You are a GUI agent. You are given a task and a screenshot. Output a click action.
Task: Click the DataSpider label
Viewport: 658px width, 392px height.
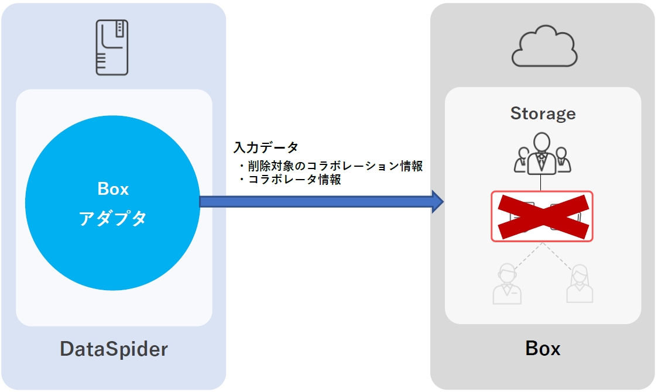point(114,349)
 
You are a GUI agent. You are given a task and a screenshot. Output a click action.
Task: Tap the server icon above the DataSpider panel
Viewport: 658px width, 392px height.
point(112,47)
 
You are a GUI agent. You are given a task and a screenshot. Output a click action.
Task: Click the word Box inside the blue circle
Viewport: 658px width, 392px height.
point(113,189)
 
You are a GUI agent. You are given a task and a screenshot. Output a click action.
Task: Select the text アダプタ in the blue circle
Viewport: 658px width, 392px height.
point(113,219)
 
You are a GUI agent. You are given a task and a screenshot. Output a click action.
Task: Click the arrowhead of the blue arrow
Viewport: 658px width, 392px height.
point(437,201)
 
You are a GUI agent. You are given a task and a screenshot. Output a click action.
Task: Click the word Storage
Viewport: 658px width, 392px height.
point(543,113)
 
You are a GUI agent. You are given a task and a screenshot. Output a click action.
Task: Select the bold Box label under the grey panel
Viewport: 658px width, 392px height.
point(543,349)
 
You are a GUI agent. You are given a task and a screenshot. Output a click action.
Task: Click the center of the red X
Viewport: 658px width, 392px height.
point(542,216)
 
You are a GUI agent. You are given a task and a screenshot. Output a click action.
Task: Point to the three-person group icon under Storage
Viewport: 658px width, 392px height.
point(541,153)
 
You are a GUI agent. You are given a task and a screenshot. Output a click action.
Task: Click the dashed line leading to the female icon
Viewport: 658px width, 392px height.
point(560,256)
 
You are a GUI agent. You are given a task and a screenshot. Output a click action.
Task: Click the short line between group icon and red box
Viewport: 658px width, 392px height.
point(541,183)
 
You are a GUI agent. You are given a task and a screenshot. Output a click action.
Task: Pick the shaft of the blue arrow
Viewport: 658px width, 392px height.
point(316,201)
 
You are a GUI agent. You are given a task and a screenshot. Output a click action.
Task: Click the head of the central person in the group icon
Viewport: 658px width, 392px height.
point(541,142)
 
